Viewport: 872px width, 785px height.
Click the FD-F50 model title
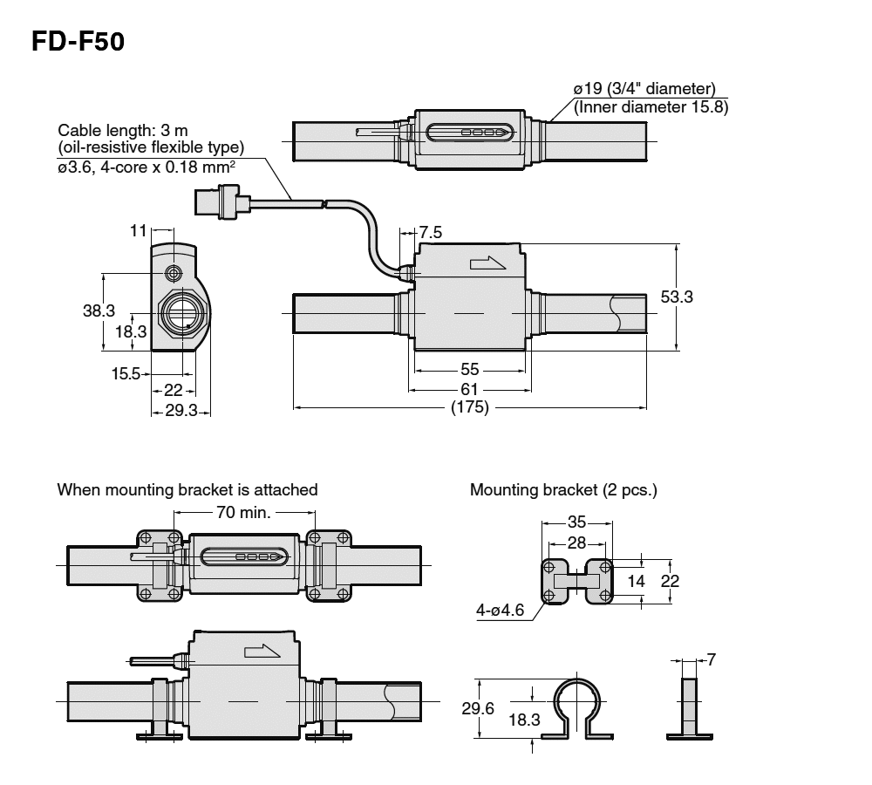point(78,41)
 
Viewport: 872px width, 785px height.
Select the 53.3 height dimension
point(677,297)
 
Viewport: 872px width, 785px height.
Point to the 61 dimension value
point(469,389)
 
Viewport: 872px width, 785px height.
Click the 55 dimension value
point(469,370)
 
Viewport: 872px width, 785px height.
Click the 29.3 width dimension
point(181,410)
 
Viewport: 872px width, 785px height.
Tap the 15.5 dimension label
point(126,374)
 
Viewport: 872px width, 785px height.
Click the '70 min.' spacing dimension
point(242,512)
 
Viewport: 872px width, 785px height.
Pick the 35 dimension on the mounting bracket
point(576,522)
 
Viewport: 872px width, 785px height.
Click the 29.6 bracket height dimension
point(478,708)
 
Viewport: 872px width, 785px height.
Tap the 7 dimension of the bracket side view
point(712,660)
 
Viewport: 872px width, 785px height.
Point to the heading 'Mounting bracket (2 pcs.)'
point(563,490)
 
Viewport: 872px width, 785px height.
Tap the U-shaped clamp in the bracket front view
point(579,706)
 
